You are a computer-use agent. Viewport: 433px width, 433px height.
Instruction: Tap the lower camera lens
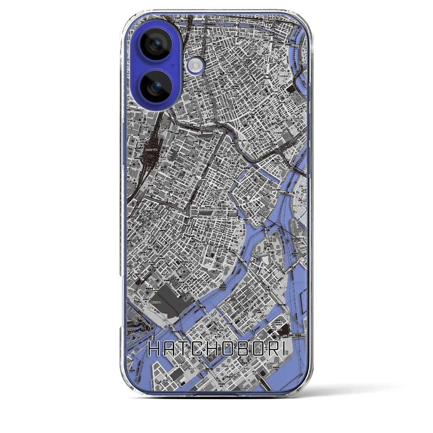click(156, 87)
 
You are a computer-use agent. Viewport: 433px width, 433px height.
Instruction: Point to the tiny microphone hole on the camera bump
click(173, 65)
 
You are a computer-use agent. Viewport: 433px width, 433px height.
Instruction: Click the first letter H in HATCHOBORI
click(154, 349)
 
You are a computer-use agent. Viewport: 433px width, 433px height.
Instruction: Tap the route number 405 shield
click(165, 319)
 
